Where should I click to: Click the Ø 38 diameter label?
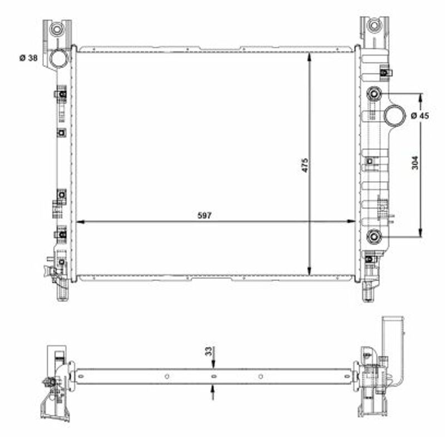28,58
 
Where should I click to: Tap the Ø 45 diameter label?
420,116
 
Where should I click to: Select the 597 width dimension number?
205,216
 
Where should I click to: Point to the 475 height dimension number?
304,165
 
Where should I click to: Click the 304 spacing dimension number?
415,163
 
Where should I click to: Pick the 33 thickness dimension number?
209,351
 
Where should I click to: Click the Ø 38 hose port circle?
59,58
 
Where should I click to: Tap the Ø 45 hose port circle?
394,115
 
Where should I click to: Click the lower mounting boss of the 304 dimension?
374,236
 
